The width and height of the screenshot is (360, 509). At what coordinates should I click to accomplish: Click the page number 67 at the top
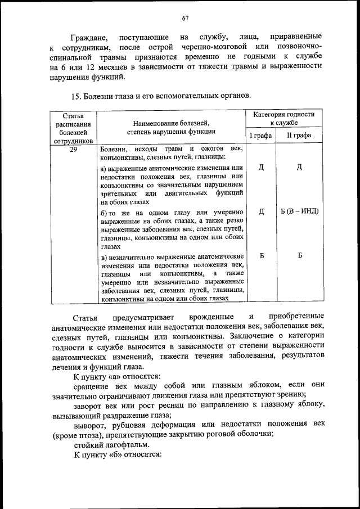tap(184, 19)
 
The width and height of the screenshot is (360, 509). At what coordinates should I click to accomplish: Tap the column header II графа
tap(300, 135)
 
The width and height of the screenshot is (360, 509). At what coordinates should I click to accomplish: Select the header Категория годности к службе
tap(283, 118)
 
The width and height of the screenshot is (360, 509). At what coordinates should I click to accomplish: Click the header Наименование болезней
tap(171, 122)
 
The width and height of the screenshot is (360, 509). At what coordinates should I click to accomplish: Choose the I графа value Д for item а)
tap(261, 167)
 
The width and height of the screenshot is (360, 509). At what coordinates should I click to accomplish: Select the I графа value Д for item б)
tap(261, 211)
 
